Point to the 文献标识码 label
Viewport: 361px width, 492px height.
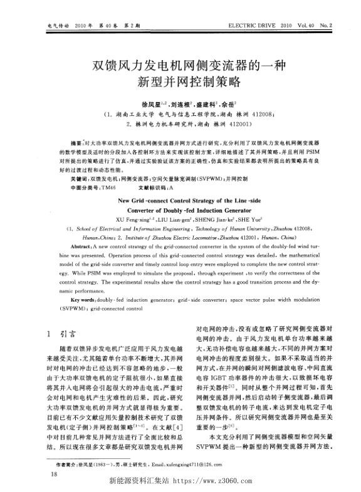(149, 187)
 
